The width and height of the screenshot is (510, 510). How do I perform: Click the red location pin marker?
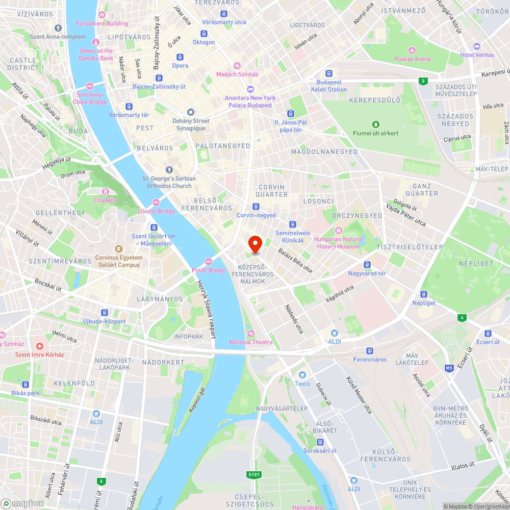coord(255,245)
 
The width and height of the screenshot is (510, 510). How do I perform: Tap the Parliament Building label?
coord(102,23)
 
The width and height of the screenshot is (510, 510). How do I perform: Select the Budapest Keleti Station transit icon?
coord(328,73)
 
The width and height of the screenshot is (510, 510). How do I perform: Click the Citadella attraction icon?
coord(106,192)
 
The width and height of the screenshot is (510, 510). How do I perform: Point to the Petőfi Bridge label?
coord(209,270)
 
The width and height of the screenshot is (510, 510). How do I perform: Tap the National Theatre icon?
coord(250,334)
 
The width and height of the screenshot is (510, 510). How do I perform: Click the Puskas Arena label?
coord(412,59)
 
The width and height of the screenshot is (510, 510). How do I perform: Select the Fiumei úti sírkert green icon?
coord(376,124)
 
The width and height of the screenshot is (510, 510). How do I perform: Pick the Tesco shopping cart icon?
coord(302,375)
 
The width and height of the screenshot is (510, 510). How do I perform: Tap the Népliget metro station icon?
coord(423,294)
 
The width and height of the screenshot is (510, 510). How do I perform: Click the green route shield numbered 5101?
coord(254,475)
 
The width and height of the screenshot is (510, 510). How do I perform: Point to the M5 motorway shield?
coord(449,368)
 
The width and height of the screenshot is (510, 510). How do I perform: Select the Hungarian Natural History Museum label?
coord(339,243)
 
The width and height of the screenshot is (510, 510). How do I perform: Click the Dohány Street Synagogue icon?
coord(191,112)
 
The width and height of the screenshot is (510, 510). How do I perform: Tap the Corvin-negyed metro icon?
coord(256,207)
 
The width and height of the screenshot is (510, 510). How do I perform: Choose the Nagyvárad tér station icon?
coord(367,265)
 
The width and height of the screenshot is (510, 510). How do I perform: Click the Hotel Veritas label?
coord(477,55)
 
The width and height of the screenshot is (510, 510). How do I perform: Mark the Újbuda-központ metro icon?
coord(105,313)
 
